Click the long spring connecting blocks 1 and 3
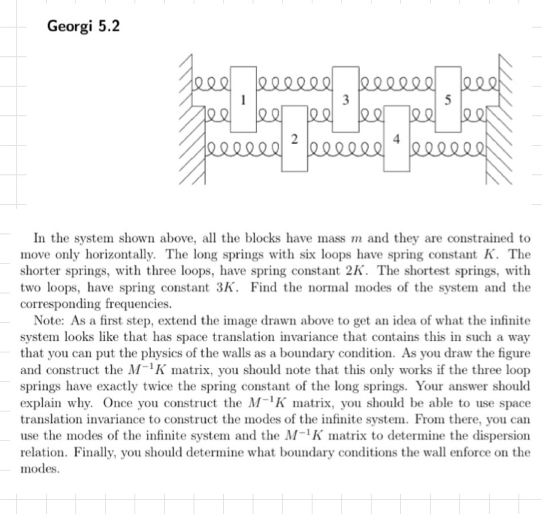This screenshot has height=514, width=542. coord(294,77)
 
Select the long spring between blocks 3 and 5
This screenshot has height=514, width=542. coord(397,77)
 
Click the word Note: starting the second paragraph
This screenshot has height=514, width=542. coord(50,321)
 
